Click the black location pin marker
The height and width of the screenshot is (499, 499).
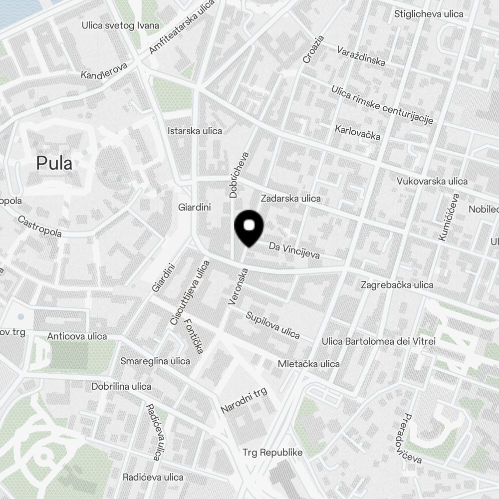249,227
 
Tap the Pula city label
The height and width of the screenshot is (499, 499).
54,163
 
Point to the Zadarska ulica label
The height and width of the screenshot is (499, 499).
290,198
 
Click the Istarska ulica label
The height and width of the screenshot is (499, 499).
195,131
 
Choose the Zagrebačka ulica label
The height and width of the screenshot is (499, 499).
397,285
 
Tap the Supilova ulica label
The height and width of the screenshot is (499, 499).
272,325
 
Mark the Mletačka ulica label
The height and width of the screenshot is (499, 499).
308,364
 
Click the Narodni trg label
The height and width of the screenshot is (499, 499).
245,400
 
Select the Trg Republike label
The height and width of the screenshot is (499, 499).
272,453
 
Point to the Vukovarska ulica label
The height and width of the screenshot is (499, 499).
432,181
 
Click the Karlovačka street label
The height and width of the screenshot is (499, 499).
357,133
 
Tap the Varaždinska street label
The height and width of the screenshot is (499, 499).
360,56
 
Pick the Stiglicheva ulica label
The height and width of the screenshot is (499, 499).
429,13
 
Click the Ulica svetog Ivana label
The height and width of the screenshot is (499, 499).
120,25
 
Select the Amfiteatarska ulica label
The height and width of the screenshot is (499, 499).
182,28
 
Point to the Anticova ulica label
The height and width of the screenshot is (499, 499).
77,336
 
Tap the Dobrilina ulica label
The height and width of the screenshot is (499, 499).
121,386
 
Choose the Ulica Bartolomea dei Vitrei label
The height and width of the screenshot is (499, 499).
372,341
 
